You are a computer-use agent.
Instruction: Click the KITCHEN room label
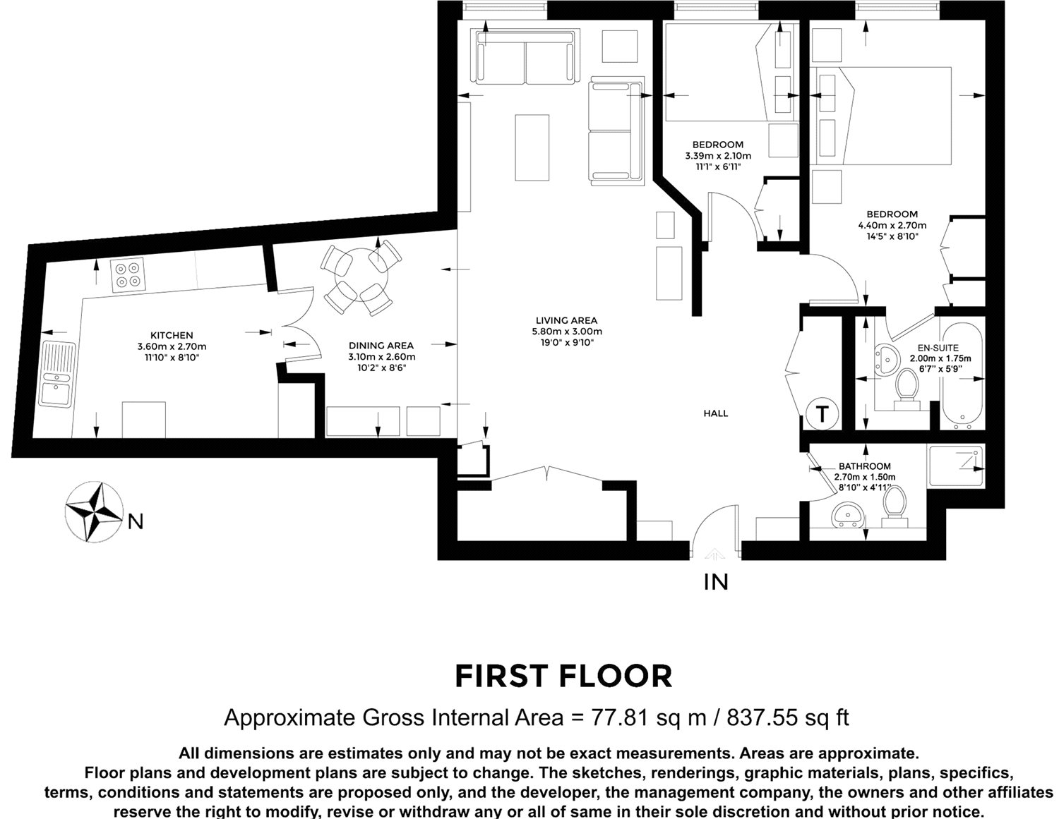point(172,336)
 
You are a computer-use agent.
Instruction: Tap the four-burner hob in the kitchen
point(128,275)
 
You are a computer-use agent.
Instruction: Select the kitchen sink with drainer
point(57,374)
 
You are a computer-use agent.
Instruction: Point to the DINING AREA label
point(381,346)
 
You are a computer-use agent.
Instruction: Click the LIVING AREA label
point(566,320)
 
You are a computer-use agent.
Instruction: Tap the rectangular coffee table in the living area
point(532,148)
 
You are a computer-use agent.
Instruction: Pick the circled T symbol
point(822,414)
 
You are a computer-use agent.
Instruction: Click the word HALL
point(716,413)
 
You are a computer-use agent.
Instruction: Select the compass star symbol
point(94,511)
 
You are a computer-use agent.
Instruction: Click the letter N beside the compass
point(136,523)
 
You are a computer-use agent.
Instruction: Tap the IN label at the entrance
point(716,582)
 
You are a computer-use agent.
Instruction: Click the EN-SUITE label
point(938,348)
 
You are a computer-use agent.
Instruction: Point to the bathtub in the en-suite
point(962,376)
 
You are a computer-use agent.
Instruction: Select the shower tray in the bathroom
point(956,466)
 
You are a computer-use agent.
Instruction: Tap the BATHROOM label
point(865,466)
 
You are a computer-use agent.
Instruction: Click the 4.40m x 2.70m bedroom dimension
point(892,226)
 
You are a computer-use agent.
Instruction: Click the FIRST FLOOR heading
point(564,676)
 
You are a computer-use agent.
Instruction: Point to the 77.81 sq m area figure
point(649,717)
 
